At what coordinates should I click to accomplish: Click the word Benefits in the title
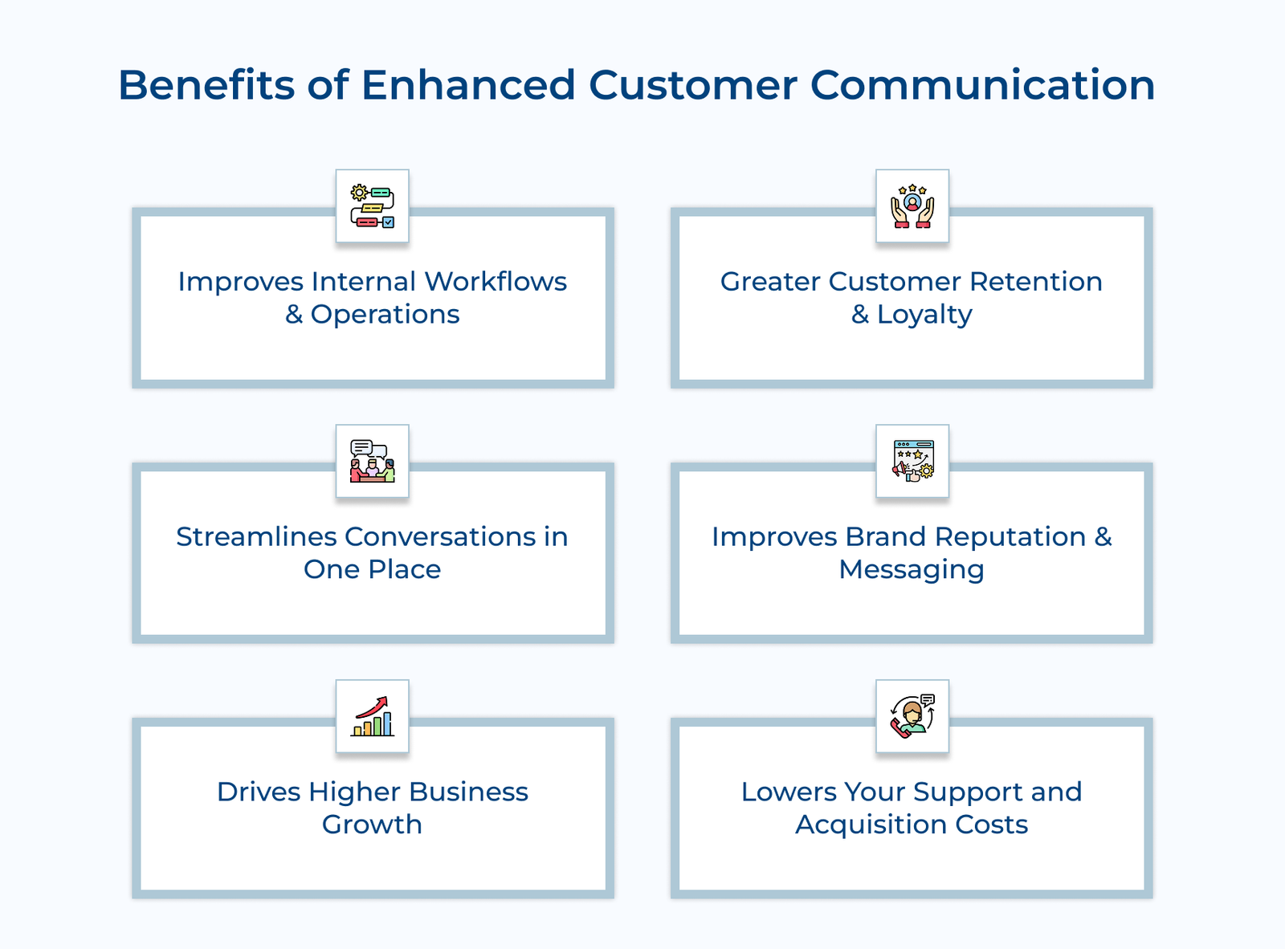[x=206, y=85]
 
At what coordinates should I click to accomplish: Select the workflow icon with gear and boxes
[x=372, y=206]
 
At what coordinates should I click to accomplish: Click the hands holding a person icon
[x=912, y=206]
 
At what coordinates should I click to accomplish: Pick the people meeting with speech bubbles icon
[x=372, y=462]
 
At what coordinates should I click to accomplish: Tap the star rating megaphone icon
[x=912, y=462]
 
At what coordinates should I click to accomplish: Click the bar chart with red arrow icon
[x=372, y=716]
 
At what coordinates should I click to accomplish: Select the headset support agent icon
[x=912, y=716]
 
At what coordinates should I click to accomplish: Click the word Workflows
[x=496, y=282]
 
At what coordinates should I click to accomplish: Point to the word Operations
[x=385, y=315]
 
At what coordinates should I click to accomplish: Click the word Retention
[x=1035, y=282]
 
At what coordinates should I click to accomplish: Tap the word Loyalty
[x=924, y=316]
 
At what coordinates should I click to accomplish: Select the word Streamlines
[x=255, y=537]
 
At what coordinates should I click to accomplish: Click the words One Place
[x=372, y=570]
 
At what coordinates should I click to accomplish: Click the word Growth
[x=372, y=825]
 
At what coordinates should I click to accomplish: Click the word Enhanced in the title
[x=468, y=85]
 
